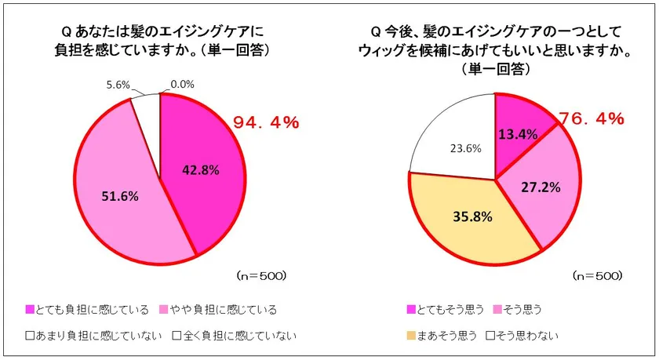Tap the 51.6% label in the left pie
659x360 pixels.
[x=119, y=196]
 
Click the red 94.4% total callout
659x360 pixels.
[x=266, y=122]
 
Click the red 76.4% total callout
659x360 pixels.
[x=592, y=119]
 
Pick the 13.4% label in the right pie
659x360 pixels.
[x=518, y=133]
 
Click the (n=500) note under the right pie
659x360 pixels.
[x=597, y=275]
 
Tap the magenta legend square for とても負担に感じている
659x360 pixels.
[x=30, y=309]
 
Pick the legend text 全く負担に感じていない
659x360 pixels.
[x=240, y=336]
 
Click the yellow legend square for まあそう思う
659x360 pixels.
[x=413, y=336]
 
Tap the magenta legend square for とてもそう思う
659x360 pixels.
[x=413, y=309]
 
